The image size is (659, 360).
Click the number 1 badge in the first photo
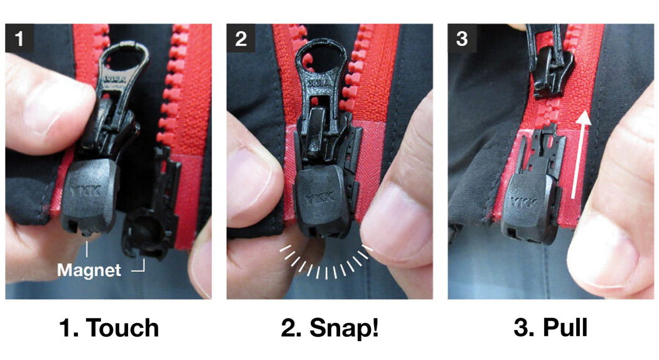point(20,39)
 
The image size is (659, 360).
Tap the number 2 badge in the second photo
point(240,39)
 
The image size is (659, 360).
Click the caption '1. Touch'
point(110,328)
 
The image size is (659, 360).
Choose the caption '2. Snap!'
point(329,328)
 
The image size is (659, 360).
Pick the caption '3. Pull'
point(550,328)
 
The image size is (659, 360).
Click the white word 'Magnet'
point(88,270)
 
